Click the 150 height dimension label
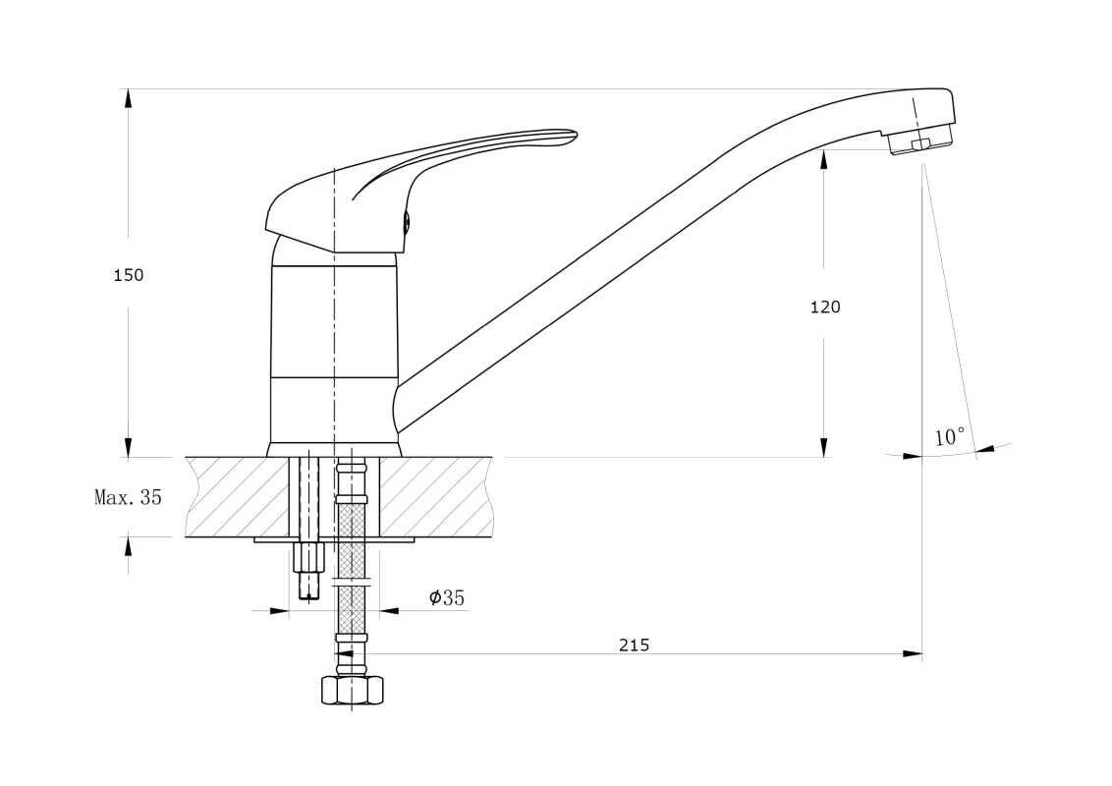tap(129, 275)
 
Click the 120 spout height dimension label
tap(825, 308)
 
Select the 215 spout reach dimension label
tap(634, 645)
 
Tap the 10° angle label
tap(950, 437)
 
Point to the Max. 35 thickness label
tap(129, 497)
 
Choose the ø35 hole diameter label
tap(447, 598)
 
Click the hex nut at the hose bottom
tap(352, 691)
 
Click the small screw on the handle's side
tap(407, 222)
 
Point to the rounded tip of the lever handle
tap(572, 135)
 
